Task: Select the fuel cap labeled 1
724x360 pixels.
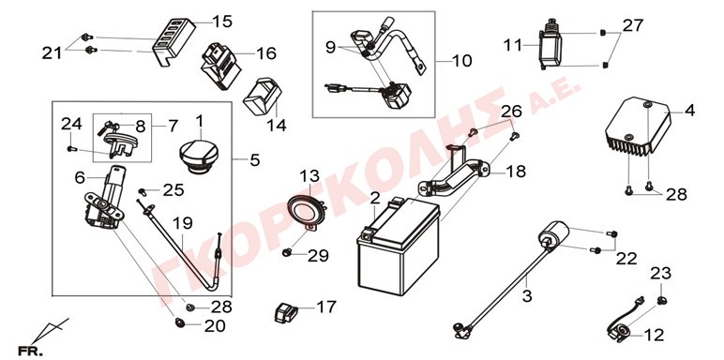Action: pos(199,157)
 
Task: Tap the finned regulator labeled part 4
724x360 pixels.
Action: pos(638,126)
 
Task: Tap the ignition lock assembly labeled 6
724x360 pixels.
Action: pos(104,200)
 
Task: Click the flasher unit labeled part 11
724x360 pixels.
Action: pos(551,44)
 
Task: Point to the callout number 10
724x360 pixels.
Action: pos(461,60)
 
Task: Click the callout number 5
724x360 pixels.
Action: pos(255,160)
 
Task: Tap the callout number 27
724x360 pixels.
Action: pos(632,25)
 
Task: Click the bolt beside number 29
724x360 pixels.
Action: pos(288,252)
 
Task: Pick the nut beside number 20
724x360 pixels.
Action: pos(180,323)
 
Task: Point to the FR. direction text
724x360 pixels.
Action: pos(29,351)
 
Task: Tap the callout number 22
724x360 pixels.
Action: pos(626,259)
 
